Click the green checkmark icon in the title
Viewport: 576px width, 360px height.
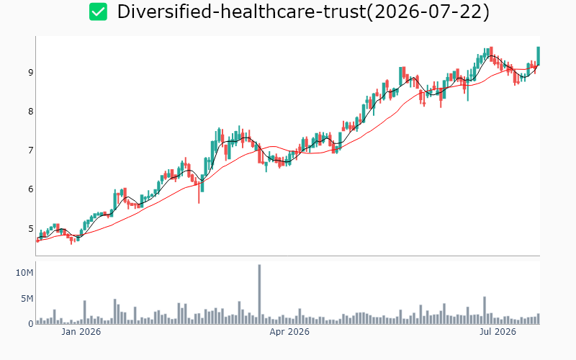(98, 12)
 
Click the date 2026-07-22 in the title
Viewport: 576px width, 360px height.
(428, 12)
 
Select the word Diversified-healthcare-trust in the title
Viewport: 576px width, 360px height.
(241, 12)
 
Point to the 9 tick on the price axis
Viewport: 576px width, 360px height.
(30, 73)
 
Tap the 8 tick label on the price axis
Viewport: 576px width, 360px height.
(30, 112)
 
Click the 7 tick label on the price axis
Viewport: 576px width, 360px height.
(30, 150)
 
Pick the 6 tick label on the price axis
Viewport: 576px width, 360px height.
(30, 189)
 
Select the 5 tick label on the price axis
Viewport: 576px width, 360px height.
(30, 228)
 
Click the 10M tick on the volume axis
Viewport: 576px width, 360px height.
(24, 273)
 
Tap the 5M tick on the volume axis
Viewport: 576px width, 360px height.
(27, 299)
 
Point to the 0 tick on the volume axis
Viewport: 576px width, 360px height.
(31, 324)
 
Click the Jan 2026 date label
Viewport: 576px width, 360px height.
(81, 332)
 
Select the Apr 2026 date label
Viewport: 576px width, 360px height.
(289, 332)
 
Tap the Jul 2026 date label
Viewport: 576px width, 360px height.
(498, 332)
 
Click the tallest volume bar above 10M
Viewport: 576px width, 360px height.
(259, 294)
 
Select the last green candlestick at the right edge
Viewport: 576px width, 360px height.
(538, 56)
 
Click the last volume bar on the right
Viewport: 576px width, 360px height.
(538, 319)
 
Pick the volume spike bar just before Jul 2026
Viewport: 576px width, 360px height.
(485, 310)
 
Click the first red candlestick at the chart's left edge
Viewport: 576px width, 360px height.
(37, 240)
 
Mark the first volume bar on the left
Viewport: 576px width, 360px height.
(37, 322)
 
